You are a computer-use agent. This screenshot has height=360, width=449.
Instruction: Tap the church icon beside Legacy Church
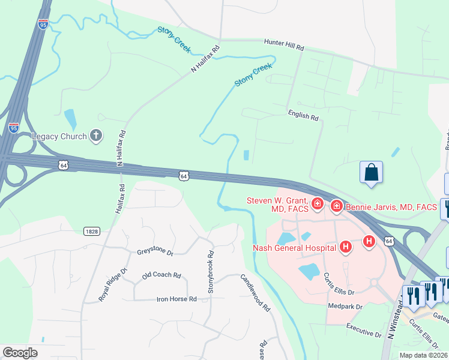point(96,136)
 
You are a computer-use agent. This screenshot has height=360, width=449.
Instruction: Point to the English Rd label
point(303,115)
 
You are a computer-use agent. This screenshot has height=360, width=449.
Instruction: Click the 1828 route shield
point(91,230)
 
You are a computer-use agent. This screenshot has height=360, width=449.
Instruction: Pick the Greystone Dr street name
point(155,253)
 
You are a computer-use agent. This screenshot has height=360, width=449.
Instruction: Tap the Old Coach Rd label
point(161,275)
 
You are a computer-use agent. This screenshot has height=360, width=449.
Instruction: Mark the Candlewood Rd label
point(255,292)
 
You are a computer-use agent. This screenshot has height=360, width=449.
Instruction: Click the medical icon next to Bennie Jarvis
point(336,207)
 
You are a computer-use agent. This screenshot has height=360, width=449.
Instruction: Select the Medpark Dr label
point(346,307)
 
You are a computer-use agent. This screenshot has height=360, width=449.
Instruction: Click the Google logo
point(20,353)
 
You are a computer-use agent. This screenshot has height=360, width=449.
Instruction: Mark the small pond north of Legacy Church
point(70,118)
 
